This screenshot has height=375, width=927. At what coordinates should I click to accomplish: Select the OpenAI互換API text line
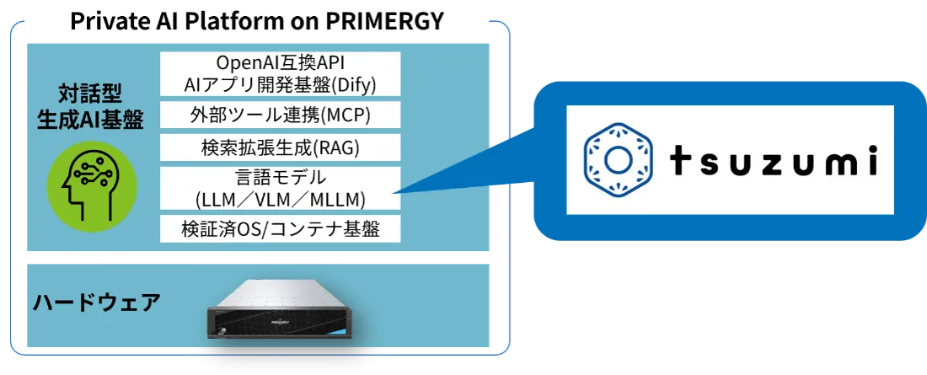pos(281,62)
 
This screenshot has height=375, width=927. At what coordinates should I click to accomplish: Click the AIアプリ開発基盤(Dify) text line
pos(281,84)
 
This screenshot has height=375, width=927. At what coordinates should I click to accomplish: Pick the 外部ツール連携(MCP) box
pos(281,115)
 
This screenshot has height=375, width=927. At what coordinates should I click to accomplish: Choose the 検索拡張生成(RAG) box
pos(281,147)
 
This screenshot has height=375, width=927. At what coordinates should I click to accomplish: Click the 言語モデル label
pos(281,178)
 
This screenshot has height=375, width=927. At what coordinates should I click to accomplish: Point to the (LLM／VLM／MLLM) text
pos(281,200)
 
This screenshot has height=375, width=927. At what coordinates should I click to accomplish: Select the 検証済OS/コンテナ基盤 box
pos(281,228)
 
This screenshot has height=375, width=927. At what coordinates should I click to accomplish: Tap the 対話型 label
pos(90,94)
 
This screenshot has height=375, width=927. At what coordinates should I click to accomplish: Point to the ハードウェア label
pos(96,303)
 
